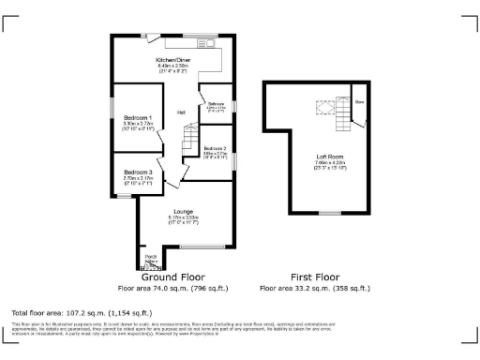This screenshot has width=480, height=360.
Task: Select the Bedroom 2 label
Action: [x=216, y=147]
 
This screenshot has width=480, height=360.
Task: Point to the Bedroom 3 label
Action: [x=137, y=172]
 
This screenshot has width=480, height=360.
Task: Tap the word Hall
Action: [x=181, y=113]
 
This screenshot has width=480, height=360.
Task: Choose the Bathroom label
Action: [x=216, y=103]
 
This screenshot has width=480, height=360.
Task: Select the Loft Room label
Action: [x=329, y=158]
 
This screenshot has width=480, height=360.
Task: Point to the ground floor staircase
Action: [x=190, y=144]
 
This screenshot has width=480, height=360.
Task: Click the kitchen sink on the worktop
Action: [x=208, y=43]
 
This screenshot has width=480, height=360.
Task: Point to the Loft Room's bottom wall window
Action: [x=329, y=214]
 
